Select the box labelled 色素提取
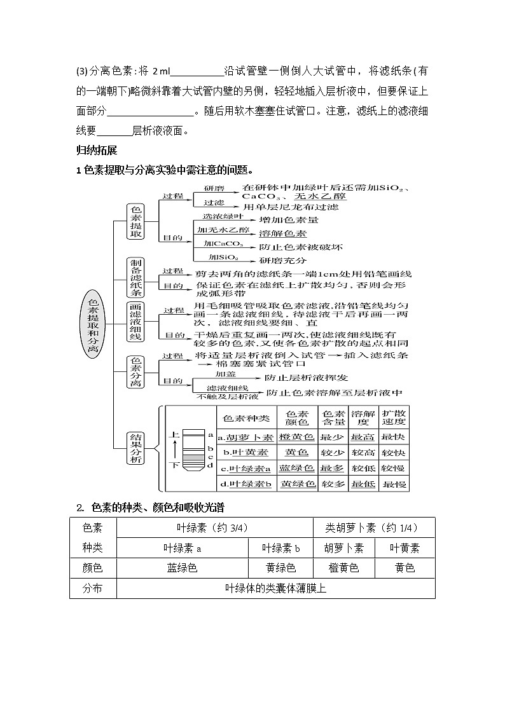[136, 221]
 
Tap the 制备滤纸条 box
[136, 278]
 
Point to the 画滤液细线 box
[136, 321]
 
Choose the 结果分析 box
[135, 448]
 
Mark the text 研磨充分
[283, 261]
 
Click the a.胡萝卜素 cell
[246, 437]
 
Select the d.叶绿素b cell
[246, 484]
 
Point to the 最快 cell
[393, 437]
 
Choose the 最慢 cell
[393, 484]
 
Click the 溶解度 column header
[363, 417]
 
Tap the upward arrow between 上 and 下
[174, 450]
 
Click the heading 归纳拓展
[96, 151]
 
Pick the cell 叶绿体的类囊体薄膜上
[276, 588]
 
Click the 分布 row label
[93, 588]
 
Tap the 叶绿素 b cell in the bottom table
[280, 548]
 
